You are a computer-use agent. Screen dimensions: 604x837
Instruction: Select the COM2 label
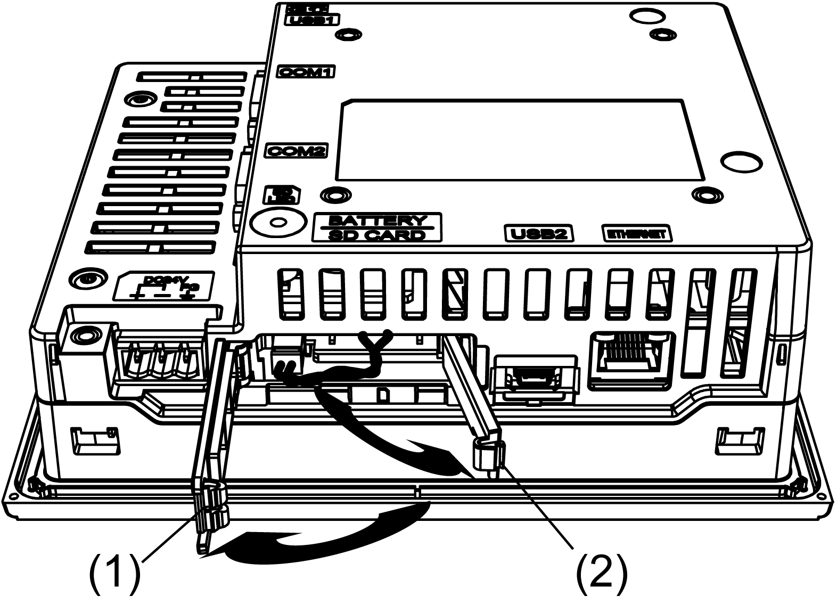(296, 151)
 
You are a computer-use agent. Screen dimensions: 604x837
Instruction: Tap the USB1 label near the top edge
(313, 20)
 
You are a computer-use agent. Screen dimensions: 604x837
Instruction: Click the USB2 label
(539, 233)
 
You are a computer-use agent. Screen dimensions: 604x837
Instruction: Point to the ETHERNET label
(636, 233)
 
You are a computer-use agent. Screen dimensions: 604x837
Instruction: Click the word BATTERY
(378, 221)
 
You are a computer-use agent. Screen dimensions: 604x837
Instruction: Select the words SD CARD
(378, 235)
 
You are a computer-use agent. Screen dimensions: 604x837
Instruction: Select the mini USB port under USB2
(535, 379)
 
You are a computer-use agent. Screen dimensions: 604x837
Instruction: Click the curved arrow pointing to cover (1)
(319, 535)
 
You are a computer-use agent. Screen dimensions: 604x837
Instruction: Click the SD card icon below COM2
(282, 195)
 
